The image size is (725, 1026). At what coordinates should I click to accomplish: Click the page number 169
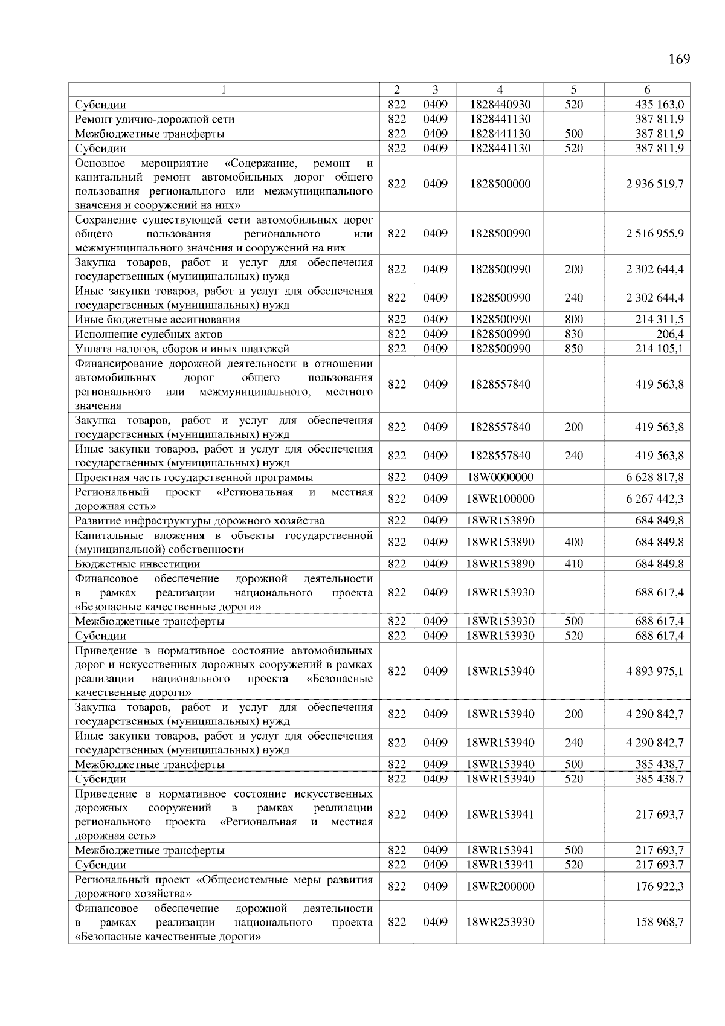pos(679,59)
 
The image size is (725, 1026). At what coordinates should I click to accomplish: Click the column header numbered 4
pos(500,89)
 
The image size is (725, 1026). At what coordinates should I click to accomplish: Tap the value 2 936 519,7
pos(654,184)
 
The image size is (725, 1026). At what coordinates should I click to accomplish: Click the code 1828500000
pos(500,184)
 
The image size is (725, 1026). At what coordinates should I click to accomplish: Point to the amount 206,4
pos(670,334)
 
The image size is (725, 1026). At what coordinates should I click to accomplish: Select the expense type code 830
pos(574,334)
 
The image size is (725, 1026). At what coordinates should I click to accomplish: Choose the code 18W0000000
pos(500,477)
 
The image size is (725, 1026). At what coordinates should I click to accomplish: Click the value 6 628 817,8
pos(654,477)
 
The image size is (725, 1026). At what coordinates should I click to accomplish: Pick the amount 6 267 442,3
pos(654,498)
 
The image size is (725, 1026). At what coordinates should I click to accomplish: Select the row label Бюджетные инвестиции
pos(137,564)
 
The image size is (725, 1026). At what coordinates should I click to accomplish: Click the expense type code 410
pos(574,564)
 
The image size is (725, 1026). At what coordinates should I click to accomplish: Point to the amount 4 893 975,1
pos(654,671)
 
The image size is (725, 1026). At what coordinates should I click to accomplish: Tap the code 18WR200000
pos(500,886)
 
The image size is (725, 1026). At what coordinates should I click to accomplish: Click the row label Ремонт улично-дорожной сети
pos(155,120)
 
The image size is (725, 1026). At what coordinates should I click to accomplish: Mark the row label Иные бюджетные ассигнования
pos(157,320)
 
